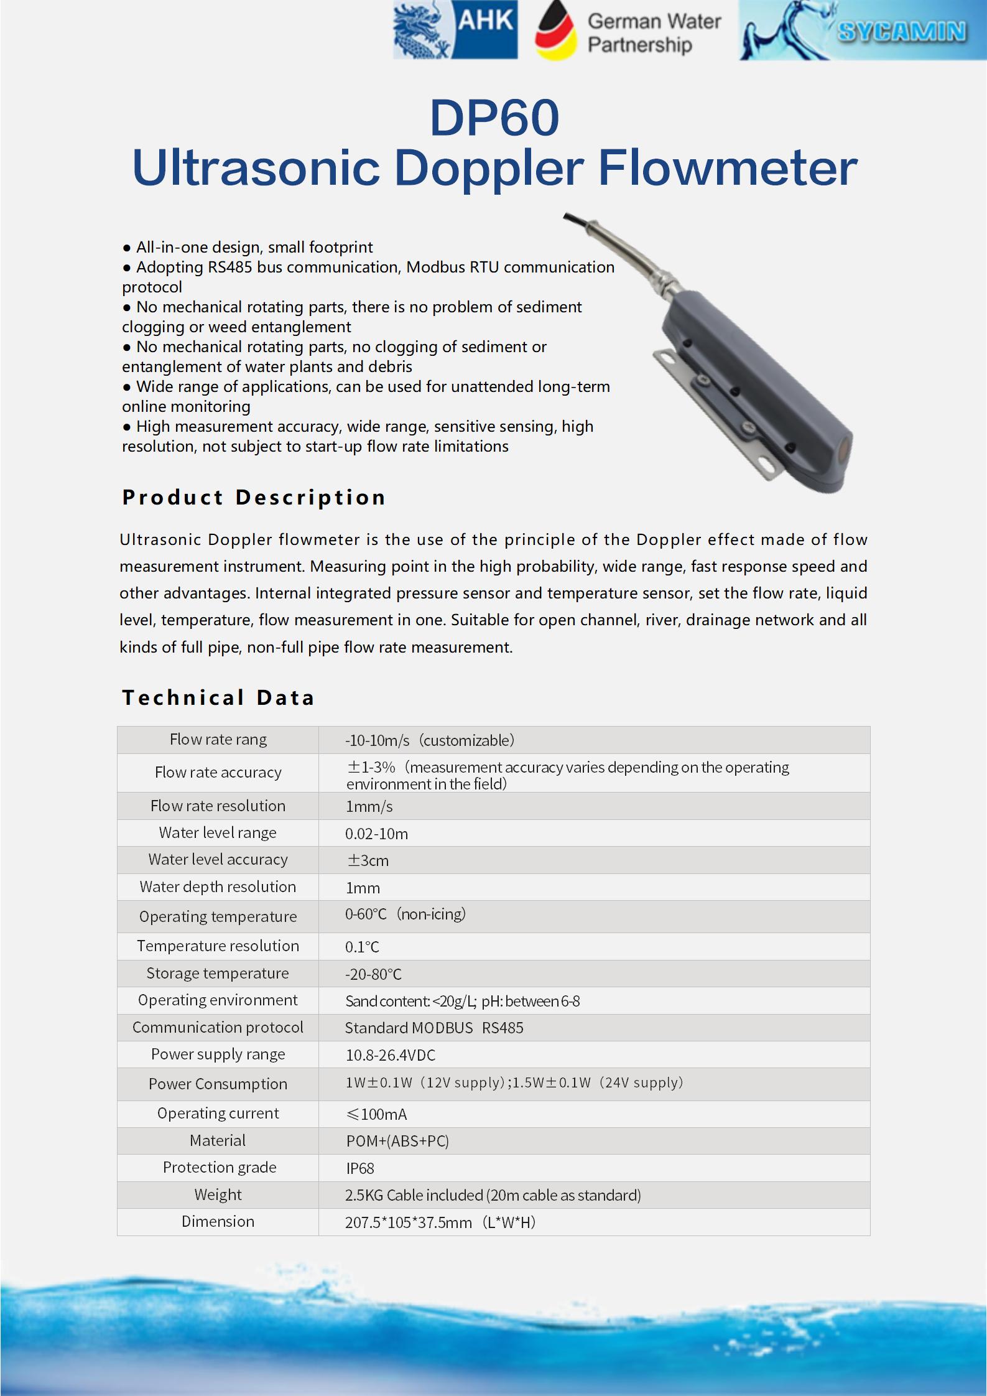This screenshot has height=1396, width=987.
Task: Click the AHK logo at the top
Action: (x=455, y=30)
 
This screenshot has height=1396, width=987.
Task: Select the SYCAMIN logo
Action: (x=862, y=31)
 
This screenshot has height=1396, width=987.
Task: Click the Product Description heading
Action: (x=254, y=498)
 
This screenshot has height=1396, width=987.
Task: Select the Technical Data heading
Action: (x=218, y=697)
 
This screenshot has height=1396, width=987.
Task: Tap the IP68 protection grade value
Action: (x=360, y=1168)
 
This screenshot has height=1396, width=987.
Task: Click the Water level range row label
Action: (x=218, y=833)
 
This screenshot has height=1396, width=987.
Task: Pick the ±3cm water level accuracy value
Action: (x=368, y=860)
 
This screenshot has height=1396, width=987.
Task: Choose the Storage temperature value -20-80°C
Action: (x=373, y=974)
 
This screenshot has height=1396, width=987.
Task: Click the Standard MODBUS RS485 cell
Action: (x=434, y=1028)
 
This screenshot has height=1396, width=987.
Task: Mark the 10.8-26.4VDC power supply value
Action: (x=391, y=1055)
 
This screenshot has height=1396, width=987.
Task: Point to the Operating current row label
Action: (x=218, y=1113)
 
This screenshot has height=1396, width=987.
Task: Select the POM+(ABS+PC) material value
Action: (x=397, y=1141)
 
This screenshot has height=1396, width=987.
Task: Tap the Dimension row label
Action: (x=218, y=1221)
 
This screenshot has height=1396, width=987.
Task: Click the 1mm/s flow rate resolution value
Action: (x=369, y=806)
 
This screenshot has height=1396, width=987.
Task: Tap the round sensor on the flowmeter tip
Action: (x=843, y=447)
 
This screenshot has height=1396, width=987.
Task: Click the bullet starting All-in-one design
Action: (x=254, y=247)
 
